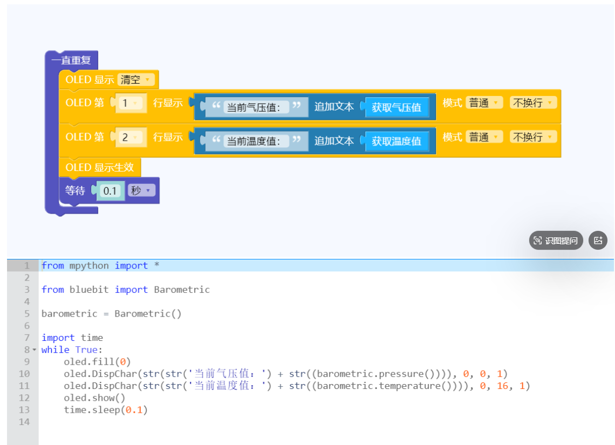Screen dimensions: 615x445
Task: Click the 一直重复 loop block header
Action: point(71,60)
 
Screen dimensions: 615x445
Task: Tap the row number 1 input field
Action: point(128,103)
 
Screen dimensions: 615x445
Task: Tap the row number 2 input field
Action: point(128,137)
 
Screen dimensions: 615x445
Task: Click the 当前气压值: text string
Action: point(254,107)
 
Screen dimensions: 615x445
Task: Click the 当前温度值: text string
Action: point(254,141)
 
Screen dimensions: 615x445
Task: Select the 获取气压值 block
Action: point(397,107)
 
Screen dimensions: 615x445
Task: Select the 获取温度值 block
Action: point(397,141)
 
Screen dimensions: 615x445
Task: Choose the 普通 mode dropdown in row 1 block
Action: point(484,102)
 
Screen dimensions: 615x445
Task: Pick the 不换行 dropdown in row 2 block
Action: point(533,137)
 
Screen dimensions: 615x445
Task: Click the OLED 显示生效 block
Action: point(100,167)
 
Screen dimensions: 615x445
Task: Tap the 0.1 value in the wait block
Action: point(110,191)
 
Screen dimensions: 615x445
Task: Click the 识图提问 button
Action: point(556,241)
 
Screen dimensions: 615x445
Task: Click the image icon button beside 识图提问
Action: point(598,241)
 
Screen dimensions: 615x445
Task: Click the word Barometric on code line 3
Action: point(182,290)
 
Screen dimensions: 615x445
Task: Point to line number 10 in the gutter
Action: point(24,374)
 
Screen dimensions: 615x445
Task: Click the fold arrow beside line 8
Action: point(35,350)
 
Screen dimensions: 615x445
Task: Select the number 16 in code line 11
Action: point(502,386)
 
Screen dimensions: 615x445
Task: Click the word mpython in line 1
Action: point(89,266)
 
